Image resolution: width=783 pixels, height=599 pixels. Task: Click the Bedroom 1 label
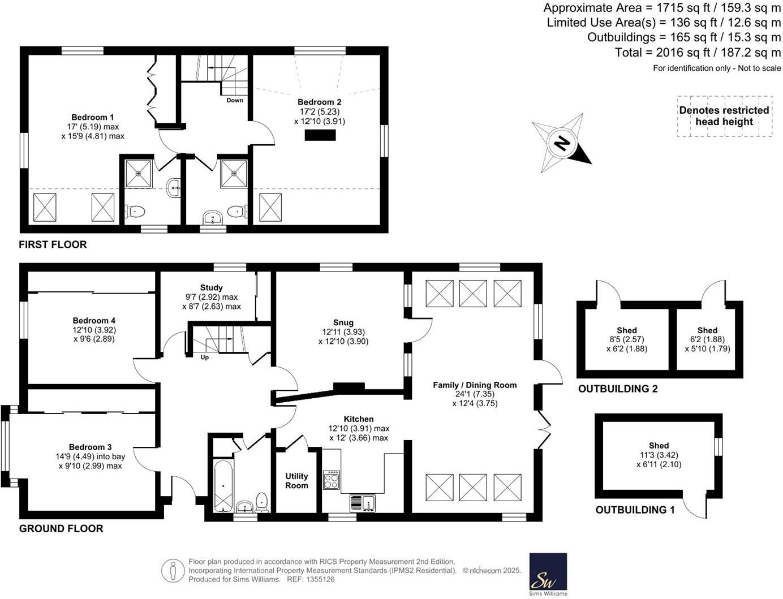click(x=92, y=117)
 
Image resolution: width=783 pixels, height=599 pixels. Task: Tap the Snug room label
click(x=343, y=322)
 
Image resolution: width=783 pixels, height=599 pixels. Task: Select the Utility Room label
click(x=296, y=481)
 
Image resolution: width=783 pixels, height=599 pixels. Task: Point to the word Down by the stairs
click(x=235, y=100)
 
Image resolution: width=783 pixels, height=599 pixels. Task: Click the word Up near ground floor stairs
click(x=204, y=357)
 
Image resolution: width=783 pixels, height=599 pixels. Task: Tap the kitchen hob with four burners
click(x=331, y=480)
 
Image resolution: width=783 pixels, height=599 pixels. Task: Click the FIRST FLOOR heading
click(x=53, y=244)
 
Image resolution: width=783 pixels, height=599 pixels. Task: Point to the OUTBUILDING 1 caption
click(x=635, y=510)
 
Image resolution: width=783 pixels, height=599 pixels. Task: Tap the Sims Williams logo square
click(x=548, y=572)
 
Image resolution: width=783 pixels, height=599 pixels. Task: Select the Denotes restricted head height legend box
click(x=724, y=116)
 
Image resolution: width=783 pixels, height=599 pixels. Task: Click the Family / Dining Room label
click(x=475, y=385)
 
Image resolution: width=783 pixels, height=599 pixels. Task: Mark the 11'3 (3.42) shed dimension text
click(x=659, y=455)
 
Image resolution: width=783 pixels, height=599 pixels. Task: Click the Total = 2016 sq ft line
click(x=698, y=52)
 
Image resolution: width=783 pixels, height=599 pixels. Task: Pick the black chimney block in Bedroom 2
click(x=320, y=135)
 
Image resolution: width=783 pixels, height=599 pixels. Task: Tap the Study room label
click(x=211, y=287)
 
